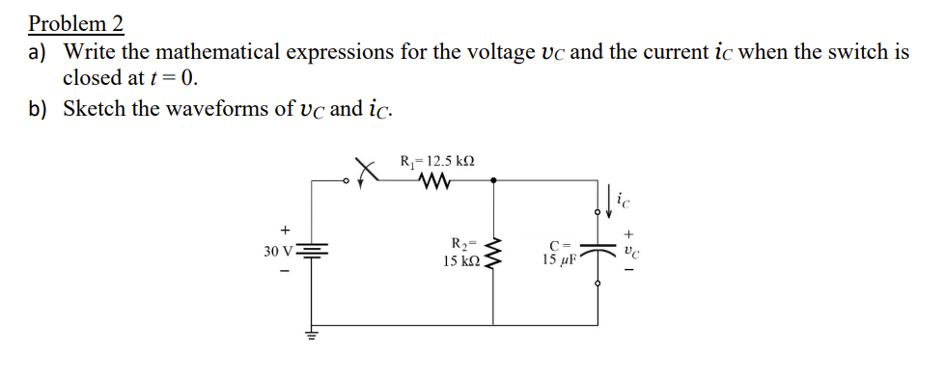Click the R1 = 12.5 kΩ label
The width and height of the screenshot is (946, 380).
pos(436,161)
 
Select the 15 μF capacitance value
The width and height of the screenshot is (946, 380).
pos(559,260)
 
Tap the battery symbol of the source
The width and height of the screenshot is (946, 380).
pos(312,252)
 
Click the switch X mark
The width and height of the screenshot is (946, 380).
pos(365,172)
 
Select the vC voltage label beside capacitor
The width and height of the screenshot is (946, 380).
pos(630,251)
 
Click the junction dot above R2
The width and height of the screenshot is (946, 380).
pos(494,179)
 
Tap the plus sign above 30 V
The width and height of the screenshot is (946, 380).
pos(285,231)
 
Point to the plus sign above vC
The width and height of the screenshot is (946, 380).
pos(630,232)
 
